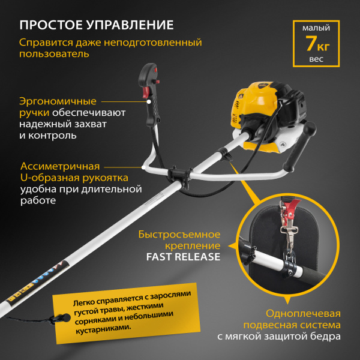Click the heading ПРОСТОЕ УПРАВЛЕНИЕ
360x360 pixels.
tap(97, 25)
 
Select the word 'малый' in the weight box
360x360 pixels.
tap(316, 27)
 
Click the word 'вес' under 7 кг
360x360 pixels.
tap(316, 60)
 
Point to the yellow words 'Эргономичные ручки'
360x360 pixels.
tap(57, 107)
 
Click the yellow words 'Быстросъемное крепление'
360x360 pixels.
tap(179, 239)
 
